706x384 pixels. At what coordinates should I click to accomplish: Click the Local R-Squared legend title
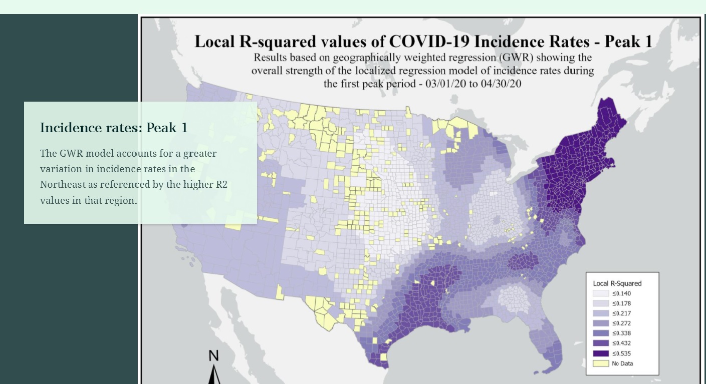617,283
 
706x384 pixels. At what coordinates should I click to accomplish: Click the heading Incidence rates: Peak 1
114,128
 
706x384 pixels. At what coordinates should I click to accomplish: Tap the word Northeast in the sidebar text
63,185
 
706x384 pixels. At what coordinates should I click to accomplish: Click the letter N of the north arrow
214,356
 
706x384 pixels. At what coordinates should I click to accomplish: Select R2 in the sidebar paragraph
221,185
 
